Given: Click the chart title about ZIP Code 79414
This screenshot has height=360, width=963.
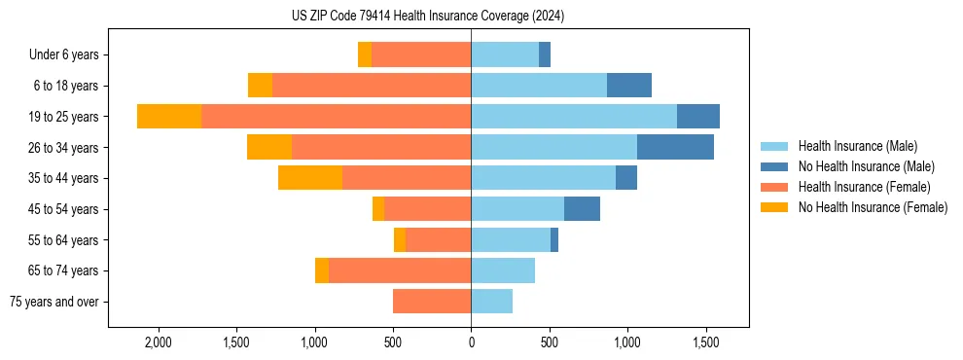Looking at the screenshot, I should [427, 17].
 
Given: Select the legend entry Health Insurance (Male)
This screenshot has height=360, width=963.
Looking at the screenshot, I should [856, 146].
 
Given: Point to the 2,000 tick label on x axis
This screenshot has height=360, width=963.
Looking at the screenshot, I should [158, 343].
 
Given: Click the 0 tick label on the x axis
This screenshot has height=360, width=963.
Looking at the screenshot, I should [471, 343].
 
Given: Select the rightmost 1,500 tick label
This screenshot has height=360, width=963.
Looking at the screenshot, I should [705, 343].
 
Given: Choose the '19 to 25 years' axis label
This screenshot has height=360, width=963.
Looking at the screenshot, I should [64, 117].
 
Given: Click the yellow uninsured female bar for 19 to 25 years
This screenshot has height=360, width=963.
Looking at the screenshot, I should [169, 117].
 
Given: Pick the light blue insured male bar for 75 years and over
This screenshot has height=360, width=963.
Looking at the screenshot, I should [491, 302].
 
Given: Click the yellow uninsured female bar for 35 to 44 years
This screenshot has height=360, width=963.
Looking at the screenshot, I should [310, 178].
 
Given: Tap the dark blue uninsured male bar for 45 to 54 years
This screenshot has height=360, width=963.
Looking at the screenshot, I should [582, 209].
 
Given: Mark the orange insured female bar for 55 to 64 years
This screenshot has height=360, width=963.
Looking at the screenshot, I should [438, 240].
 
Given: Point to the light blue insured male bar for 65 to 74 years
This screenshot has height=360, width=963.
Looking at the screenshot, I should [503, 270].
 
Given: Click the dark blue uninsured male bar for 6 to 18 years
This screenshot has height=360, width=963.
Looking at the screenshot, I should [628, 86].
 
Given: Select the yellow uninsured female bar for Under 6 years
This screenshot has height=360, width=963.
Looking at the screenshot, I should [365, 55].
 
